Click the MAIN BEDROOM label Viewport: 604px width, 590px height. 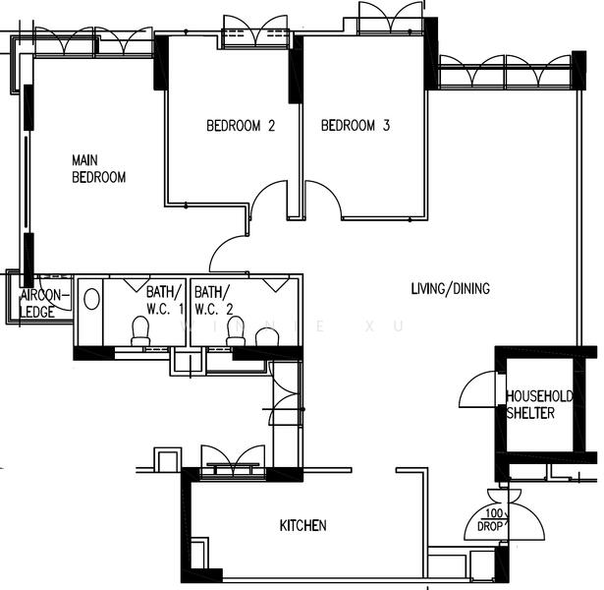tap(99, 168)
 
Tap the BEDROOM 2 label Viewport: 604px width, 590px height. tap(240, 126)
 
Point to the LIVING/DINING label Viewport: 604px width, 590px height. tap(450, 289)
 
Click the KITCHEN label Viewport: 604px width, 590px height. tap(303, 526)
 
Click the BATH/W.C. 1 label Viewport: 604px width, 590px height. tap(165, 300)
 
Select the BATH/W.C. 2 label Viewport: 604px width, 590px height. tap(213, 300)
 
